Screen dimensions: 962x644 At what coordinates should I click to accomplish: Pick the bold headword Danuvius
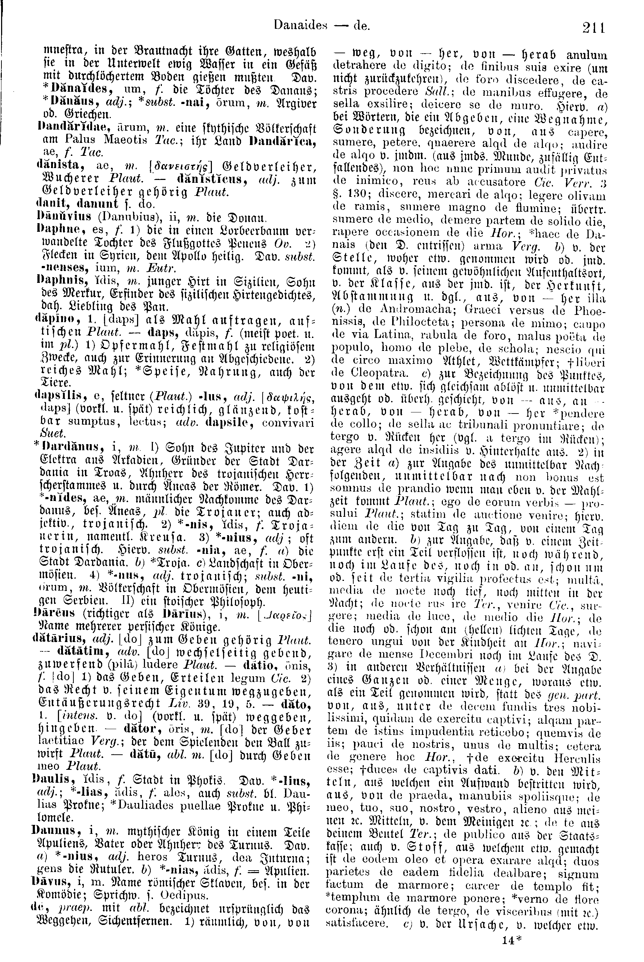tap(58, 215)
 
